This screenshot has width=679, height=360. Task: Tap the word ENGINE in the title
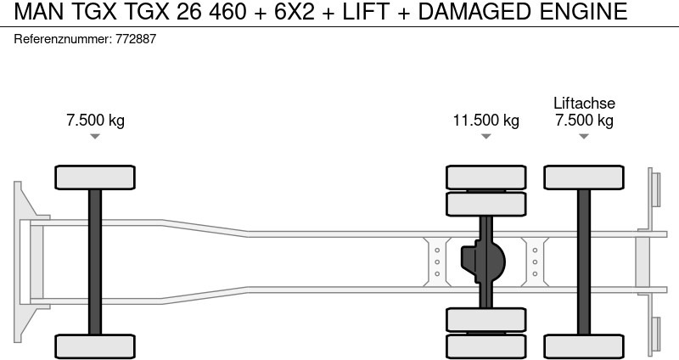[583, 11]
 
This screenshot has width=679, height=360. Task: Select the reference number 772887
[136, 39]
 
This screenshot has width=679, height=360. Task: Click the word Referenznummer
[63, 39]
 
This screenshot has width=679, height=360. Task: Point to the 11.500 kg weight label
[485, 120]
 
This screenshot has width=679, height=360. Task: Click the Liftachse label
[584, 103]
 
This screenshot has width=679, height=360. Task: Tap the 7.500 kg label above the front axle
[95, 120]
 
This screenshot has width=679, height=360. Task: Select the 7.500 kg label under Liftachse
[584, 120]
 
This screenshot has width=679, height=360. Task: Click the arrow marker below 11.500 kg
[485, 137]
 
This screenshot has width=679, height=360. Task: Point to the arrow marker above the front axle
[95, 137]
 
